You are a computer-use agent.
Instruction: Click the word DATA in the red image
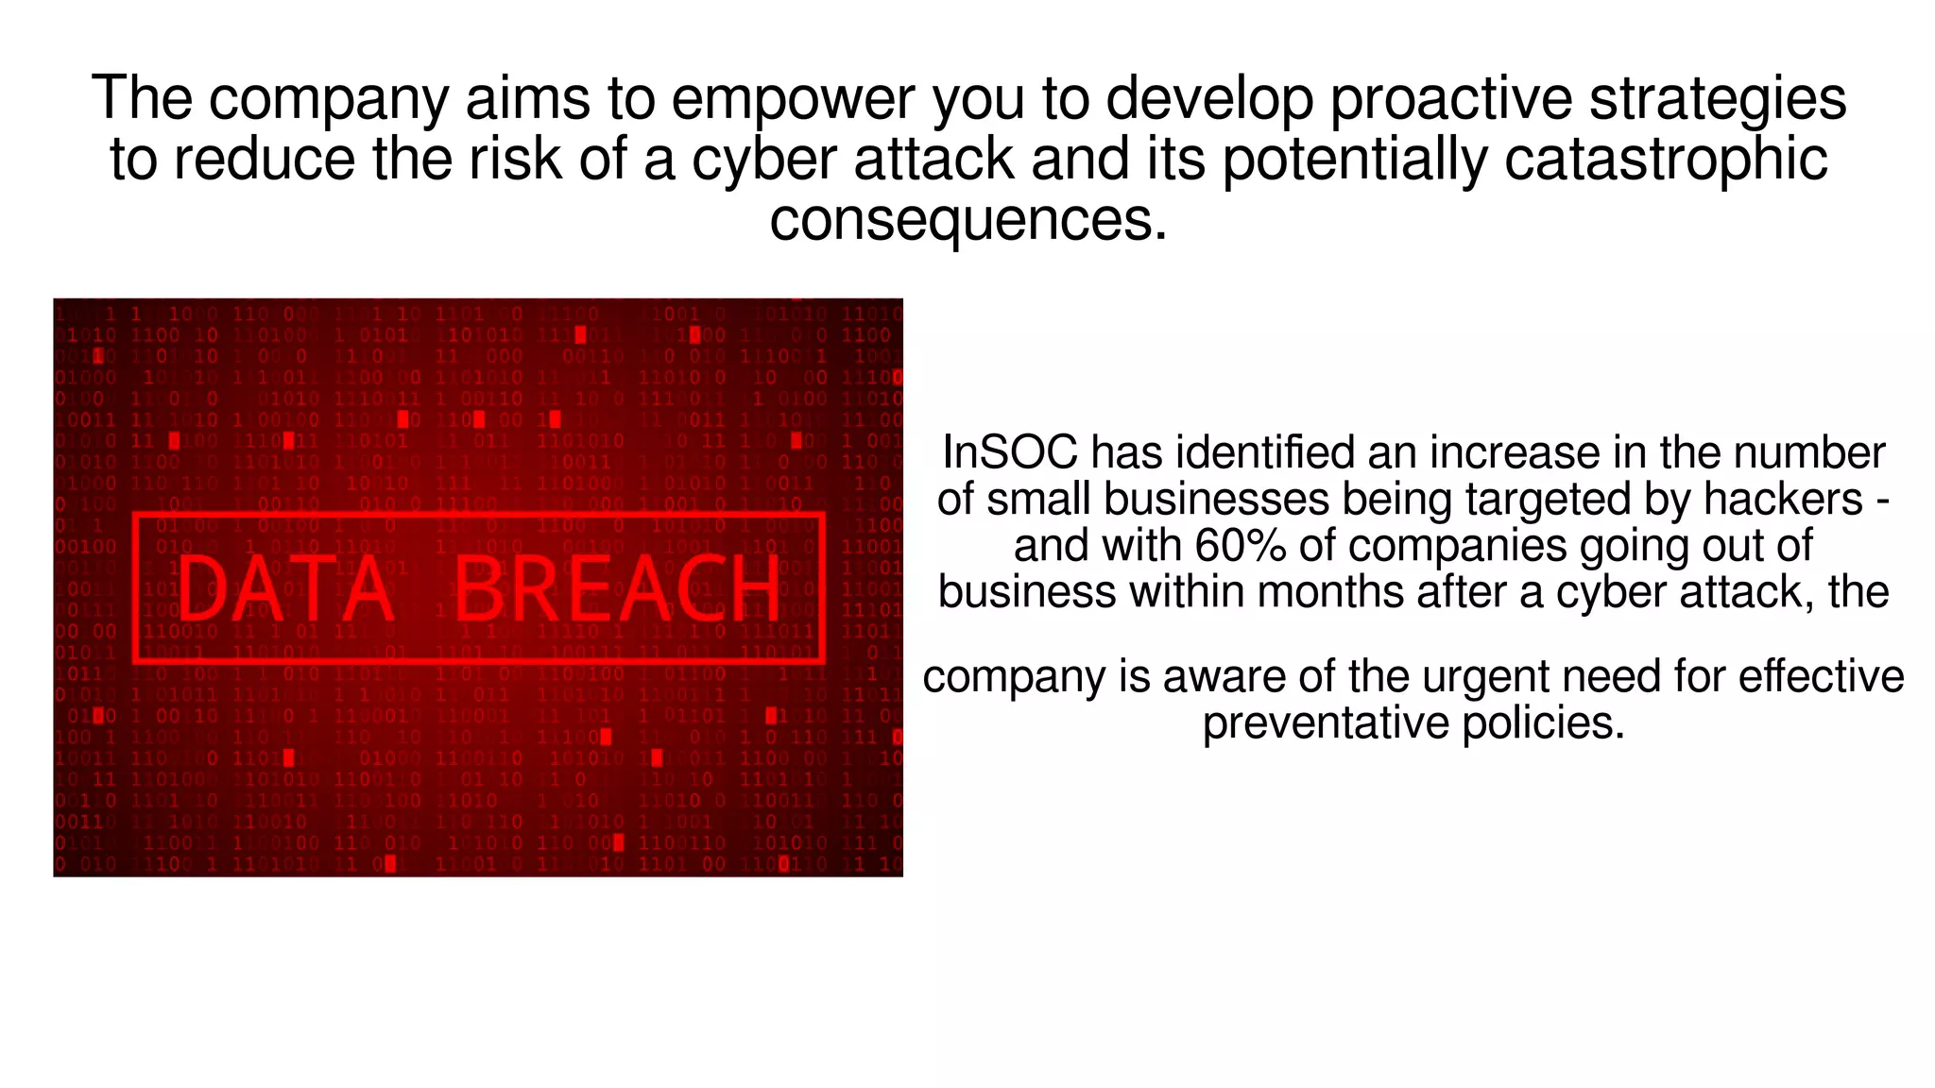click(x=284, y=588)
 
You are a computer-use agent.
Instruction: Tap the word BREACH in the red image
click(x=618, y=588)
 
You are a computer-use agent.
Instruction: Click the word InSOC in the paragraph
click(x=1009, y=452)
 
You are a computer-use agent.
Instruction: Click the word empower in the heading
click(x=793, y=98)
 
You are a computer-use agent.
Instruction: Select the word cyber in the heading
click(x=764, y=159)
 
